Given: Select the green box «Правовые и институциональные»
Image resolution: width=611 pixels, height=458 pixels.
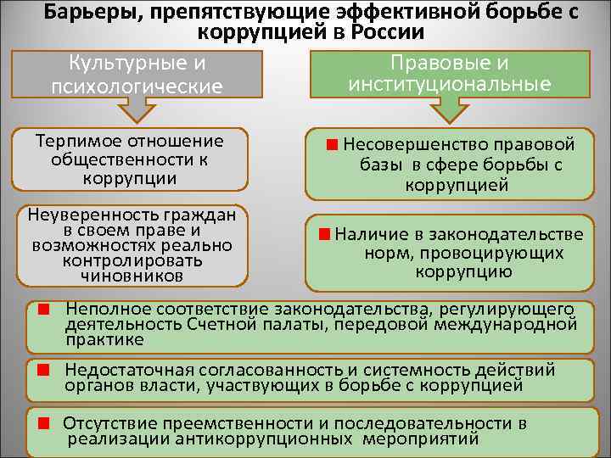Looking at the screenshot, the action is pos(450,73).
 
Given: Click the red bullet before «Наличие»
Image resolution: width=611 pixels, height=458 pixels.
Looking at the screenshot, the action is pos(324,234).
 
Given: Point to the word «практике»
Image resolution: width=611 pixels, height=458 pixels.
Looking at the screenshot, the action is pos(105,339).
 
